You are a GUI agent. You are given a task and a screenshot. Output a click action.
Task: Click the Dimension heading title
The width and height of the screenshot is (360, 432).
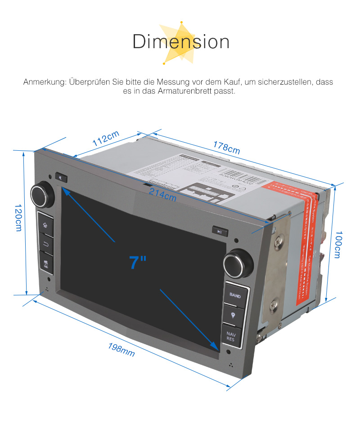pyautogui.click(x=181, y=42)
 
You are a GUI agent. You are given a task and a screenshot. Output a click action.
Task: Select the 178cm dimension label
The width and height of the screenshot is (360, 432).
pyautogui.click(x=227, y=148)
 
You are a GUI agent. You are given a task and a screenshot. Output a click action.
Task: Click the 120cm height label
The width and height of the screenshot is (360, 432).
pyautogui.click(x=18, y=218)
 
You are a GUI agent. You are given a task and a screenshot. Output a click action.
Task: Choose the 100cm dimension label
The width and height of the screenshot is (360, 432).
pyautogui.click(x=338, y=246)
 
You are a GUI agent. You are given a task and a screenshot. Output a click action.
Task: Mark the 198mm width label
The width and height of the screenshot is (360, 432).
pyautogui.click(x=121, y=350)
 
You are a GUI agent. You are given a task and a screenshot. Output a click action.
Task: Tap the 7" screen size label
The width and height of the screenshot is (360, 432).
pyautogui.click(x=138, y=262)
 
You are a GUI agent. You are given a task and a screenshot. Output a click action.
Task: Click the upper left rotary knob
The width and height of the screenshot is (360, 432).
pyautogui.click(x=42, y=194)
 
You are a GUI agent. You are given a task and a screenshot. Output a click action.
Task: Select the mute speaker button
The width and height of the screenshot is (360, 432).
pyautogui.click(x=61, y=177)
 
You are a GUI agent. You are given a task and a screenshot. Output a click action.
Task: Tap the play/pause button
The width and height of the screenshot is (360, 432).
pyautogui.click(x=220, y=232)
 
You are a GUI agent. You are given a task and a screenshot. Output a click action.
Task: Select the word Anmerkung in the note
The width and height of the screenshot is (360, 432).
pyautogui.click(x=45, y=82)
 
